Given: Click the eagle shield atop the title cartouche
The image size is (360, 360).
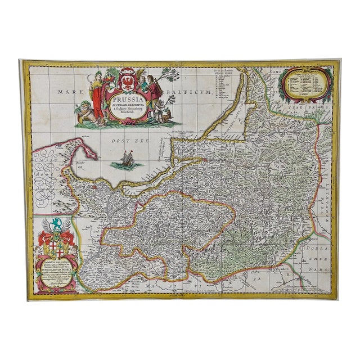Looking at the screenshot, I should (127, 83).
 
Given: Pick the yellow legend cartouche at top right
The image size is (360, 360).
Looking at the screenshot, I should (304, 84).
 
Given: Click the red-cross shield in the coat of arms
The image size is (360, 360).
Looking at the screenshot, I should (56, 246).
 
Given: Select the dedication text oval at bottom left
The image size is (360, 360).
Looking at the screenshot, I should (57, 274).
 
